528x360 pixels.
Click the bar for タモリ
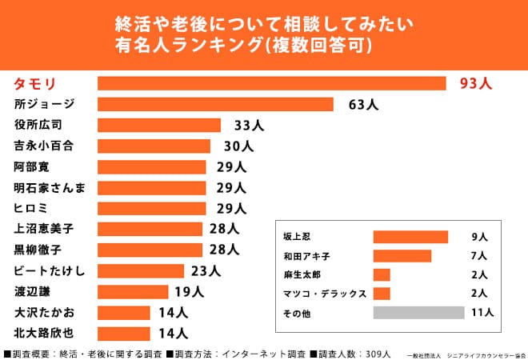271,83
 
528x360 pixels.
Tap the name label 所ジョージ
45,104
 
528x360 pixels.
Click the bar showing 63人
215,104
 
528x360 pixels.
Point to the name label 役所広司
38,125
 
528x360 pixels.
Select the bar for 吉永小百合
154,146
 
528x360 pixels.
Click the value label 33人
248,125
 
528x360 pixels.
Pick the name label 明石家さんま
50,187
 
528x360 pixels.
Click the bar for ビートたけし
141,270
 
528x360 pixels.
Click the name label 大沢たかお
44,312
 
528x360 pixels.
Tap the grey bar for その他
418,313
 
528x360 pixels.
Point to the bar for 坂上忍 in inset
410,237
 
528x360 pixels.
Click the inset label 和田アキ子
307,256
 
